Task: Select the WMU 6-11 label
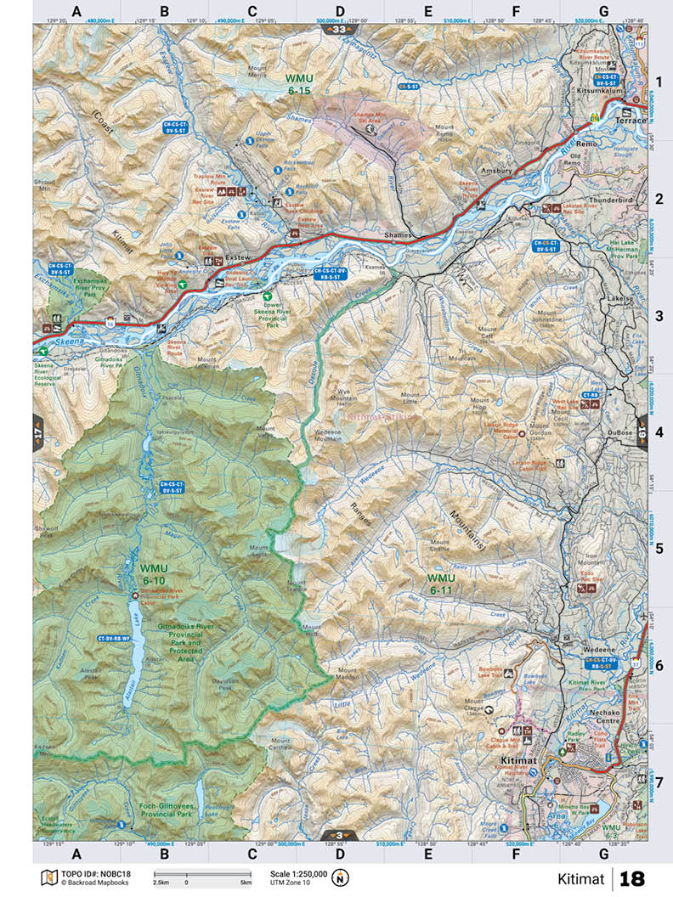(x=447, y=584)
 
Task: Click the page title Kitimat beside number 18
(x=579, y=878)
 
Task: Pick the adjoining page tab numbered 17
(x=39, y=432)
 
